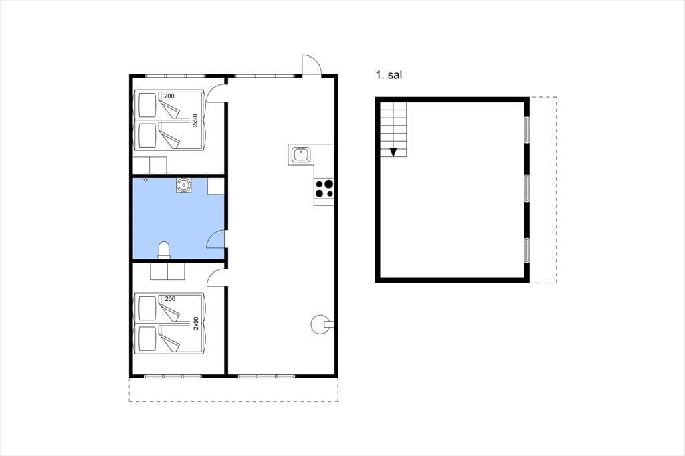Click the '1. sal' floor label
[389, 75]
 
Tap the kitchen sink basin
[301, 154]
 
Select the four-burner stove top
[324, 189]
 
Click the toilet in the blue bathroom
[164, 251]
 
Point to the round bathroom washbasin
[184, 185]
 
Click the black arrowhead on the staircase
[393, 152]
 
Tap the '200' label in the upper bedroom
[169, 96]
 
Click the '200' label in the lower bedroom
[169, 299]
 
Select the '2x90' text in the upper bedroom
[195, 120]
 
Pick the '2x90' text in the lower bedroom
[195, 323]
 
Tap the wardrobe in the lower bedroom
[167, 271]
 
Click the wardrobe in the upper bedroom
[149, 166]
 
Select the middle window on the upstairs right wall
[527, 189]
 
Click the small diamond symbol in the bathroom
[145, 179]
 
